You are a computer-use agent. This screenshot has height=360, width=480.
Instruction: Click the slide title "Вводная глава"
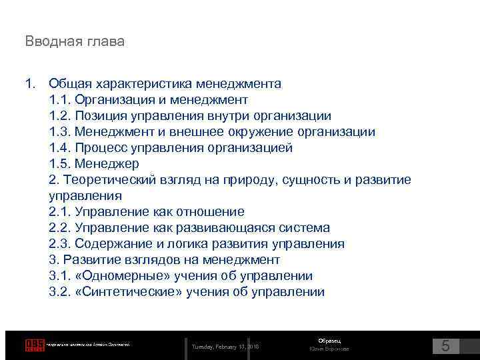coord(75,41)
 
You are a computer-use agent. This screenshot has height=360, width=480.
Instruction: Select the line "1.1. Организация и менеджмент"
coord(149,100)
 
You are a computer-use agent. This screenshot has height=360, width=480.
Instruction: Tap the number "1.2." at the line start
coord(60,116)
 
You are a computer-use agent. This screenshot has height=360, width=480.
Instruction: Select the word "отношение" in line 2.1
coord(211,212)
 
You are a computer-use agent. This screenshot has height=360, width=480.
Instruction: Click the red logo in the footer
coord(35,345)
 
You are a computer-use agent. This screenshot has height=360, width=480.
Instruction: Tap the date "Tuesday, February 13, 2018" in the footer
coord(226,347)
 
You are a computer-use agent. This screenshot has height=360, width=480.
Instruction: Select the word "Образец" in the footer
coord(329,341)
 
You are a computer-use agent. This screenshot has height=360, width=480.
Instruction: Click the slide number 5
coord(446,346)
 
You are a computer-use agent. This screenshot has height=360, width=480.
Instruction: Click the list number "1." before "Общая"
coord(30,84)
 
